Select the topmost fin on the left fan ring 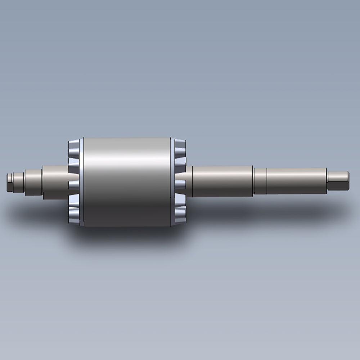74,146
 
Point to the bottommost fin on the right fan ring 180,217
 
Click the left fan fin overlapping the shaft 73,185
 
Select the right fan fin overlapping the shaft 180,185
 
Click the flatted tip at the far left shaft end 9,182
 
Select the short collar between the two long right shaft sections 260,181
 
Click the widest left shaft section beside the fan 55,182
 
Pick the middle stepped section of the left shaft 33,183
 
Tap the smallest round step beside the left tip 18,182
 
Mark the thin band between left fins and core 82,182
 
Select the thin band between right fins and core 172,182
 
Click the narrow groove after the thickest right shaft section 253,181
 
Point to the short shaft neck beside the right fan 189,181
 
